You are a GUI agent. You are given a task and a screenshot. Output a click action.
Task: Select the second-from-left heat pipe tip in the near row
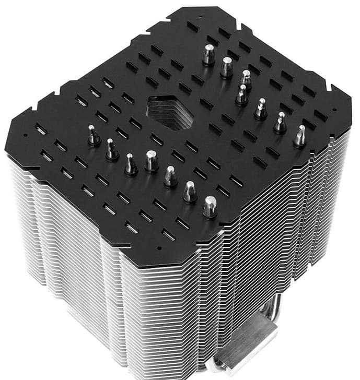(x=111, y=149)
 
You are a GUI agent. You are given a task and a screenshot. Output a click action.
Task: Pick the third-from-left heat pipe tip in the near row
(x=131, y=163)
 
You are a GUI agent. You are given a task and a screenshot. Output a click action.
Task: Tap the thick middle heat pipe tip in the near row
(x=151, y=161)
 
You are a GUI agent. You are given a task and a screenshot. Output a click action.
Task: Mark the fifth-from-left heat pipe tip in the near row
(x=170, y=176)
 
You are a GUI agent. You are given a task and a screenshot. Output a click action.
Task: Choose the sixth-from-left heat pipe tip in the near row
(x=190, y=192)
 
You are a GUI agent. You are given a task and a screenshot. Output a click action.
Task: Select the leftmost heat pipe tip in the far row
(x=208, y=54)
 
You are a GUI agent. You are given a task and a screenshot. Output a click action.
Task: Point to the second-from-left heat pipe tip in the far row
(x=226, y=67)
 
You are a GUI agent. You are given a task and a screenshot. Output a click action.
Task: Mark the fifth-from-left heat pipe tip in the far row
(x=260, y=108)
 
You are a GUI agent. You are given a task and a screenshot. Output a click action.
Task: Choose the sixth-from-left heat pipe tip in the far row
(x=280, y=122)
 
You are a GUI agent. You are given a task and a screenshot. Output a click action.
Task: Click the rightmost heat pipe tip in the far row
(x=300, y=136)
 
